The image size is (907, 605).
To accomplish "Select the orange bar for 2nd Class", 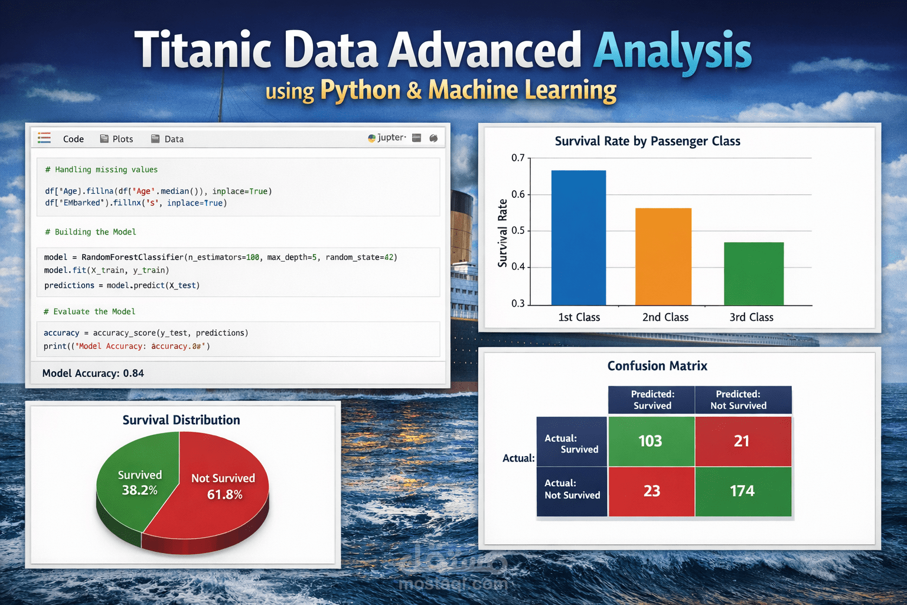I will click(x=663, y=256).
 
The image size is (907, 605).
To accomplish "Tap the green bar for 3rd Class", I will click(x=753, y=274).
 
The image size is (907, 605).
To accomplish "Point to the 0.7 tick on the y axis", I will click(x=518, y=158).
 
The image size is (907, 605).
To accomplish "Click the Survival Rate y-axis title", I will click(x=503, y=233).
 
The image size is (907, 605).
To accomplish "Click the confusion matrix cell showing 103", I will click(x=651, y=441).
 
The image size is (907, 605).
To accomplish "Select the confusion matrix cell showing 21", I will click(x=742, y=441).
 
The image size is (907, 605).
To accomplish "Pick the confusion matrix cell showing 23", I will click(x=651, y=491).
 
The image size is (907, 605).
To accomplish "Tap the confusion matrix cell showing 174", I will click(x=742, y=491).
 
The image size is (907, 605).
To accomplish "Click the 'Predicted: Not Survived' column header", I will click(x=738, y=400).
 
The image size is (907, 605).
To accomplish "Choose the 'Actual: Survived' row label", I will click(x=571, y=444).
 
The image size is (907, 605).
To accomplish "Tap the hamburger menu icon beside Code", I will click(x=44, y=138).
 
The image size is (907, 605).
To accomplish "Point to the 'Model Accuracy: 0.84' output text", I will click(x=93, y=373).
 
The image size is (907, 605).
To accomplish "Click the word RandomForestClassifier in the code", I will click(x=132, y=257).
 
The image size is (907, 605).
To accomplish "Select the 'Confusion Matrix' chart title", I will click(x=657, y=366).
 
